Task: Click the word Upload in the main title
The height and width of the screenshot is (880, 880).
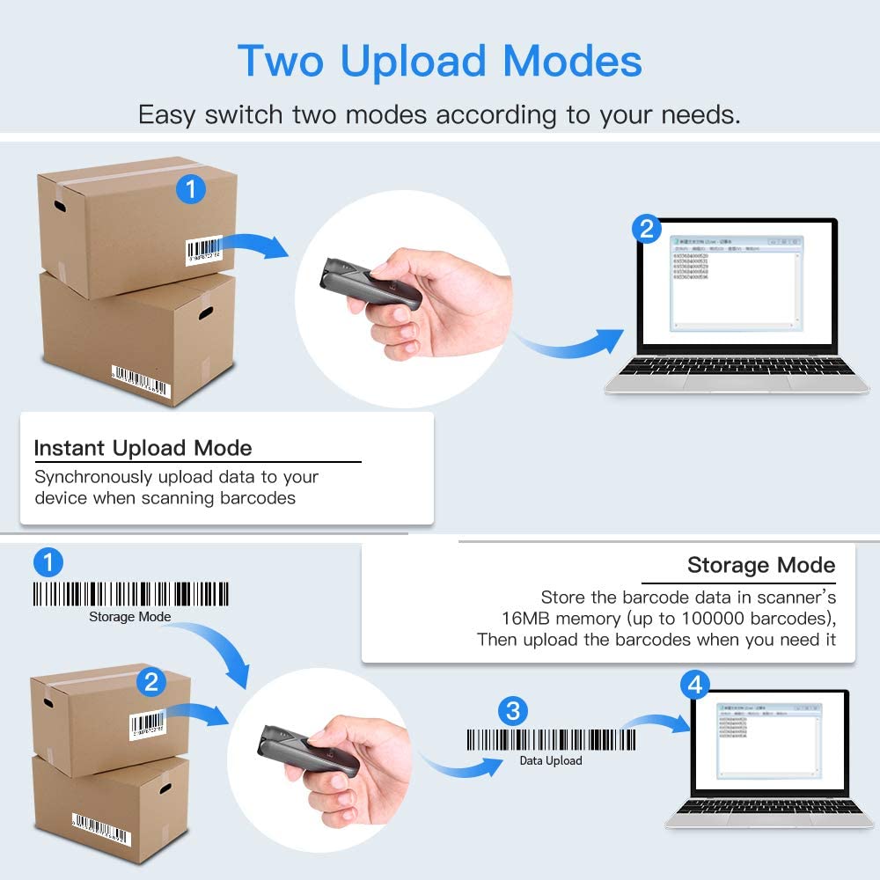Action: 413,61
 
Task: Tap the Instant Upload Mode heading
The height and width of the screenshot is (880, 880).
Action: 143,448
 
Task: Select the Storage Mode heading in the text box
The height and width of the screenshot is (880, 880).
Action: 761,564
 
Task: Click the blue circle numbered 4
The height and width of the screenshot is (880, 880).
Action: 695,684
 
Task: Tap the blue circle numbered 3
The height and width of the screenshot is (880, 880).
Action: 512,709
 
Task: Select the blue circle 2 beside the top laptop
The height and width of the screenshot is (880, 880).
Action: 647,229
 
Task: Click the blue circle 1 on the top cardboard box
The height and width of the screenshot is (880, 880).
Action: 191,188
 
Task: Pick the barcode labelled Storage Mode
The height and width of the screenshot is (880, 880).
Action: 131,594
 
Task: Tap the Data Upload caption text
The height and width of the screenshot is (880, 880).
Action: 551,760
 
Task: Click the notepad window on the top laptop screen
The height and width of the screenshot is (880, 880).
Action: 737,282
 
